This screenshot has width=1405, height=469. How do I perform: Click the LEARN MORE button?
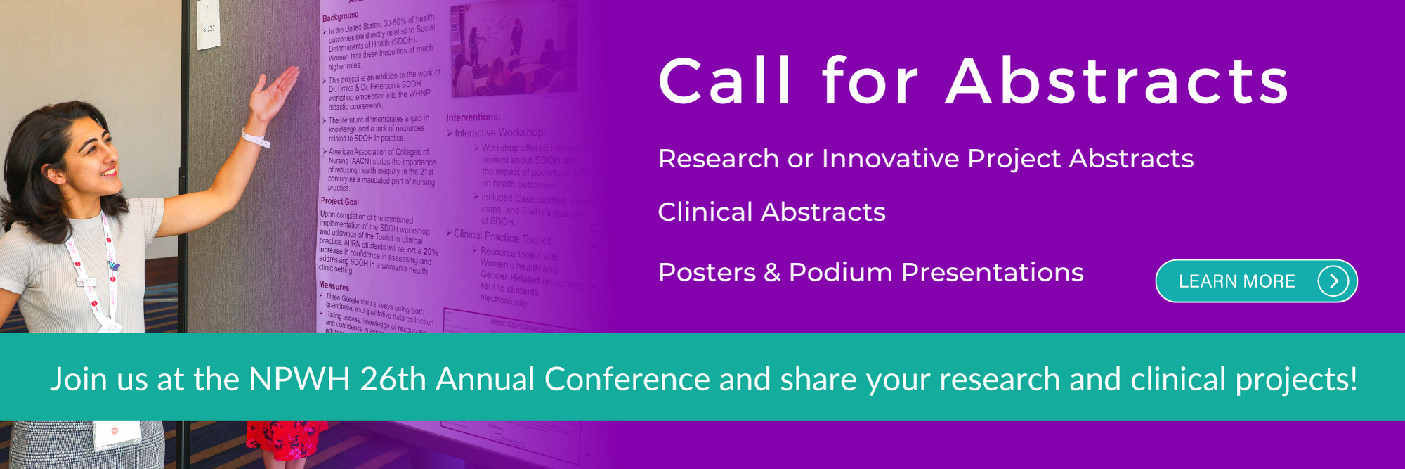coord(1236,281)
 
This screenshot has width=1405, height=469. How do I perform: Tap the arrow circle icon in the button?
coord(1333,281)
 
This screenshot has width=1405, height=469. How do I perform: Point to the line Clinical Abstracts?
coord(771,212)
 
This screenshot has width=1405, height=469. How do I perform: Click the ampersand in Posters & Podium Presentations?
coord(772,273)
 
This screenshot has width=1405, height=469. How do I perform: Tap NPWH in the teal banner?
coord(299,380)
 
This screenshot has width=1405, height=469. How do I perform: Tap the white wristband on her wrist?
coord(255,138)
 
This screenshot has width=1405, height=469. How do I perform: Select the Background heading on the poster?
coord(340,16)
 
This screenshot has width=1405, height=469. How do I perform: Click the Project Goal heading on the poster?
coord(339,202)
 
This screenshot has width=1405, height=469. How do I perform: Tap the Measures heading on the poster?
coord(334,286)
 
